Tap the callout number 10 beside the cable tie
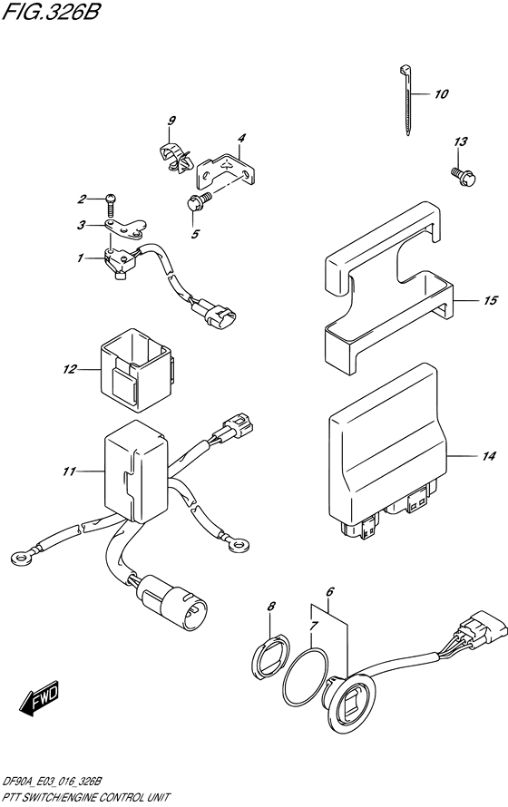441,94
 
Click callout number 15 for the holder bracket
489,300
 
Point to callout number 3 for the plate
81,225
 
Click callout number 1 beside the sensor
81,258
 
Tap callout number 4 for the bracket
241,139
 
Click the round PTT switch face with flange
350,703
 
